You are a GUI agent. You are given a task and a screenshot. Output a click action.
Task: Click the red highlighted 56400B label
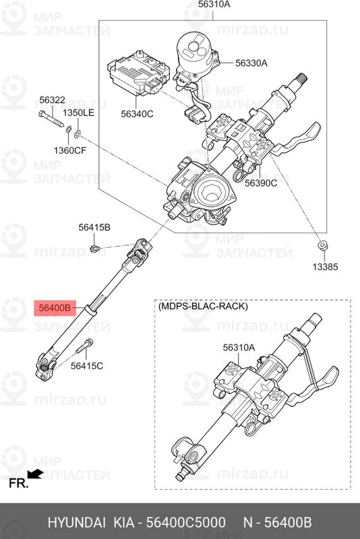[54, 309]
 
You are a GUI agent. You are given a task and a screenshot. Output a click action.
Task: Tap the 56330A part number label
[251, 63]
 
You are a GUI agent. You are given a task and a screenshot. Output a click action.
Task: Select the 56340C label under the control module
[137, 114]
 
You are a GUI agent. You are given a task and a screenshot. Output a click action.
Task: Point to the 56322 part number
[52, 100]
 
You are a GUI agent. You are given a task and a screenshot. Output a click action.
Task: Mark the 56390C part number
[260, 182]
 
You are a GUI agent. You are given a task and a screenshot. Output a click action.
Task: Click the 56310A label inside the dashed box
[239, 348]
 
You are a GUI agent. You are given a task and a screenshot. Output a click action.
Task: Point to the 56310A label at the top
[214, 6]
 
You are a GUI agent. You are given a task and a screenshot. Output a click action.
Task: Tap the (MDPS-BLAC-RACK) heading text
[203, 306]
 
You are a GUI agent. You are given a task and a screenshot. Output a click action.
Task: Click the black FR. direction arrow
[36, 476]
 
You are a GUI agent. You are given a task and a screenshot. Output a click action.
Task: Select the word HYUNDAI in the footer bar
[74, 522]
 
